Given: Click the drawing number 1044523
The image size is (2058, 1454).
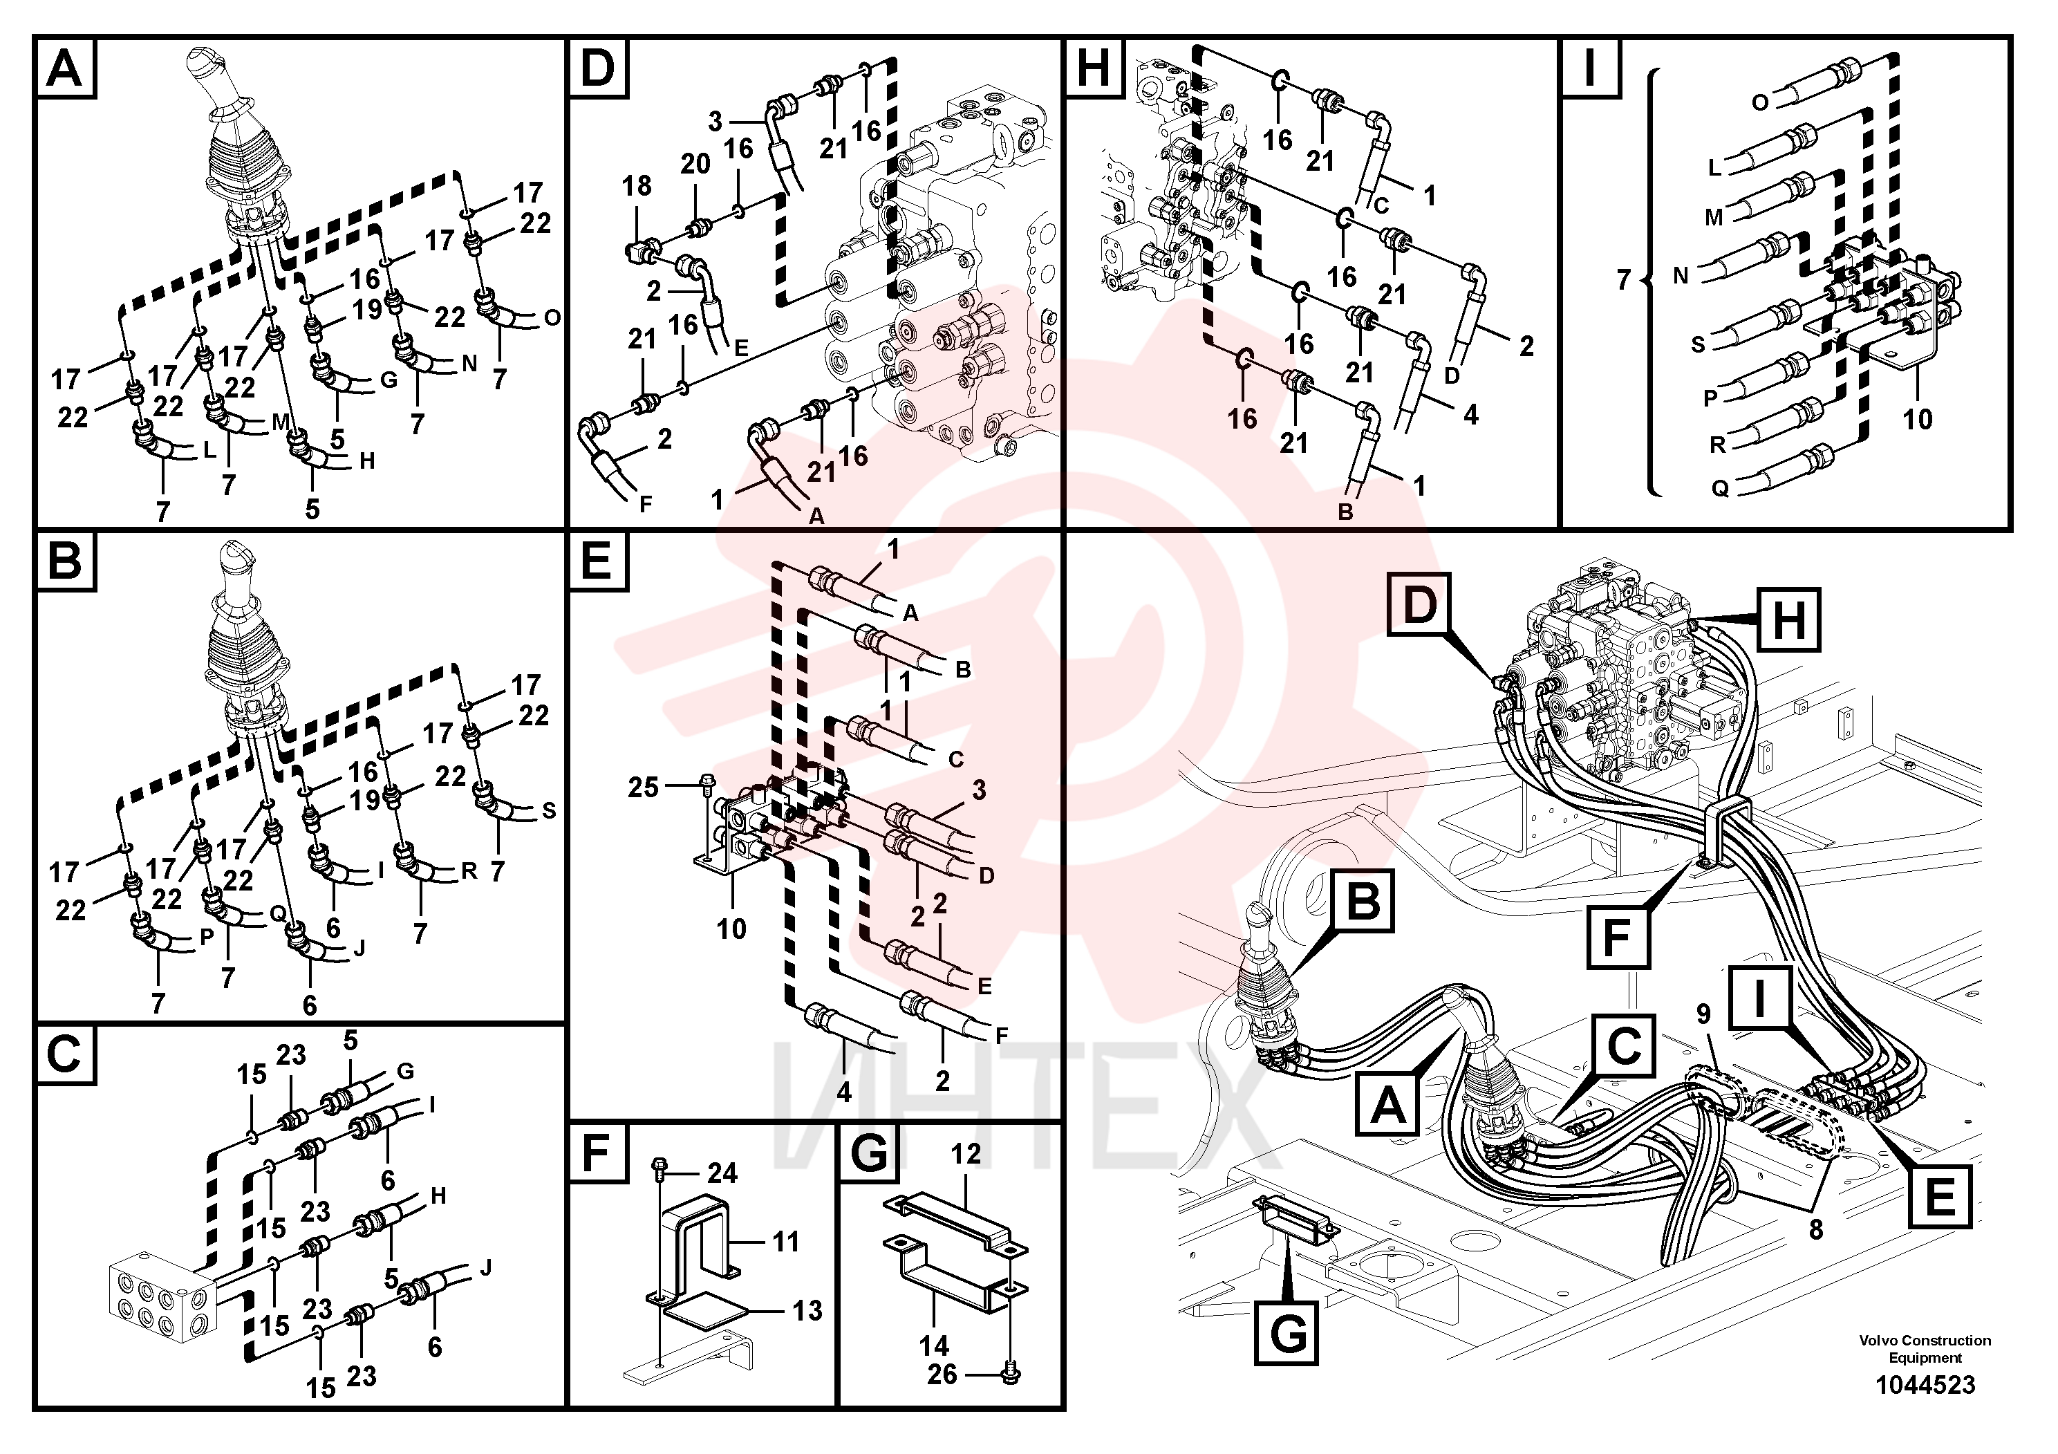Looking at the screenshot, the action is [x=1925, y=1385].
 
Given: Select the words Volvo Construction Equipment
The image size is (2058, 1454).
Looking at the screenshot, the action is [x=1925, y=1349].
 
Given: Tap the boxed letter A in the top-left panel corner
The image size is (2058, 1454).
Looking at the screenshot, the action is [x=64, y=68].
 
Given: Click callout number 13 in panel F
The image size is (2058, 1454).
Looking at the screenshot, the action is [x=807, y=1311].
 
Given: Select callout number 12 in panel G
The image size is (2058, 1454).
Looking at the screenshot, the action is [x=965, y=1154].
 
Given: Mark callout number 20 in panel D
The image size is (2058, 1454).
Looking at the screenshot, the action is [x=695, y=164].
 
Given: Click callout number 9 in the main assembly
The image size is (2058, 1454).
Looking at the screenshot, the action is [x=1703, y=1015].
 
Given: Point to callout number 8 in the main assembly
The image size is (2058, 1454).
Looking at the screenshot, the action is [x=1815, y=1229].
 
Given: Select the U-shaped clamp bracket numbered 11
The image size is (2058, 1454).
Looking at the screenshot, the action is [x=699, y=1237].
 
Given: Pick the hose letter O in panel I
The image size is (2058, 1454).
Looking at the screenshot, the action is [x=1759, y=103].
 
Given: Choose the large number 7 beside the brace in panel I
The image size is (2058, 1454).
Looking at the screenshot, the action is [x=1623, y=280].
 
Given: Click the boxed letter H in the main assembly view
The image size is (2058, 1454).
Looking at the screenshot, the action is [x=1788, y=619].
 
